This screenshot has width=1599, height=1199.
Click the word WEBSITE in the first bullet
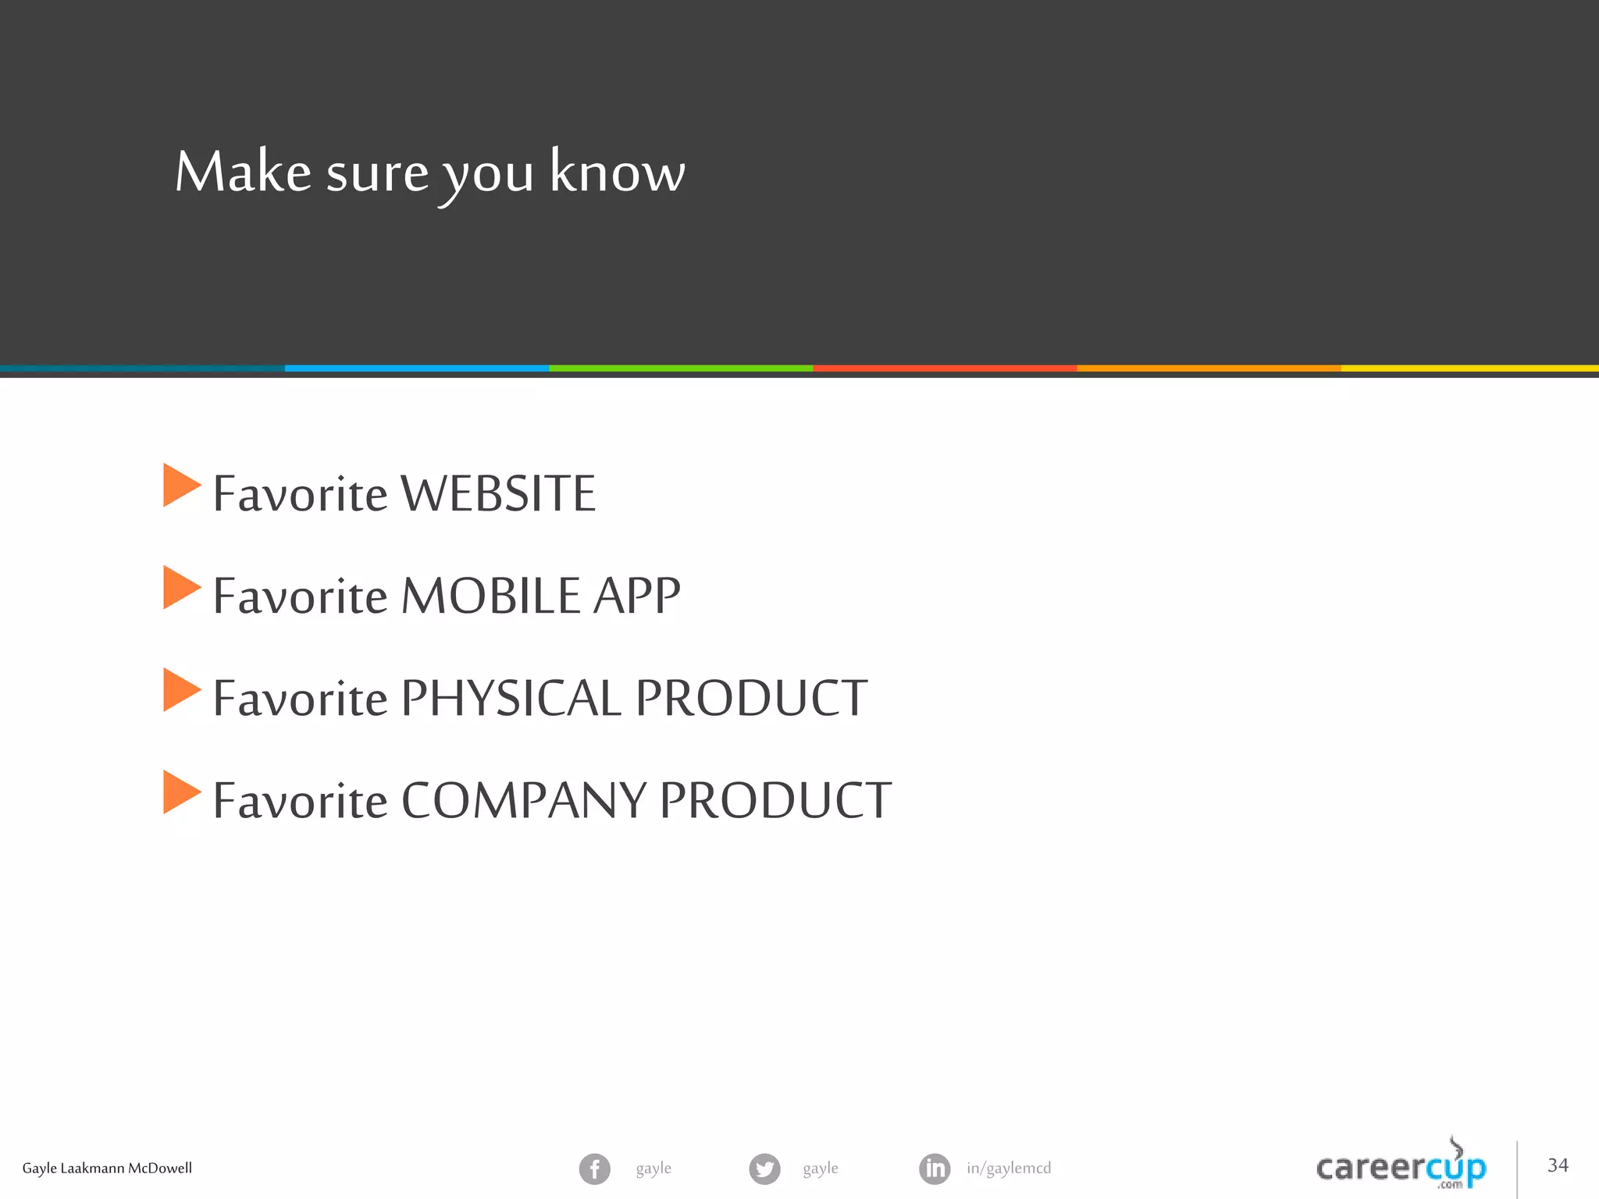pyautogui.click(x=497, y=493)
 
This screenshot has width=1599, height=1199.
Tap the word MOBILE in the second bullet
pyautogui.click(x=491, y=596)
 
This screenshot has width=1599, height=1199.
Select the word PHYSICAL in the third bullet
pyautogui.click(x=511, y=698)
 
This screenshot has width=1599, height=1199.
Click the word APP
pyautogui.click(x=636, y=596)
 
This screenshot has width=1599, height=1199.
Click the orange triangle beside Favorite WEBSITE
pyautogui.click(x=181, y=486)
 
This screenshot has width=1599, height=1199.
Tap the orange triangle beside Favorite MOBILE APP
pyautogui.click(x=181, y=587)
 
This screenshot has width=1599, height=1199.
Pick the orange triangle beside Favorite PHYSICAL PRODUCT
pyautogui.click(x=181, y=690)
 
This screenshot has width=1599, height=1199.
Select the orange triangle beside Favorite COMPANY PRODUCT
pyautogui.click(x=181, y=792)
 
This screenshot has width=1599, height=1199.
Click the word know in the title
pyautogui.click(x=617, y=172)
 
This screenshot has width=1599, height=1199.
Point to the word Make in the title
pyautogui.click(x=243, y=172)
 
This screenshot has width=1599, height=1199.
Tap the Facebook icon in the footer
pyautogui.click(x=594, y=1169)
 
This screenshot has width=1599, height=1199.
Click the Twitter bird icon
pyautogui.click(x=764, y=1169)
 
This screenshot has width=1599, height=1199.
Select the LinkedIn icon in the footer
pyautogui.click(x=935, y=1169)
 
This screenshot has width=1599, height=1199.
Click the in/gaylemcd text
pyautogui.click(x=1009, y=1169)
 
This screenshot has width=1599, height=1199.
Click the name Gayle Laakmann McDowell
pyautogui.click(x=107, y=1169)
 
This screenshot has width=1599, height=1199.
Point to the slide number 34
pyautogui.click(x=1558, y=1165)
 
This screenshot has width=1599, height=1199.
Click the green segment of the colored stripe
pyautogui.click(x=681, y=368)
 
